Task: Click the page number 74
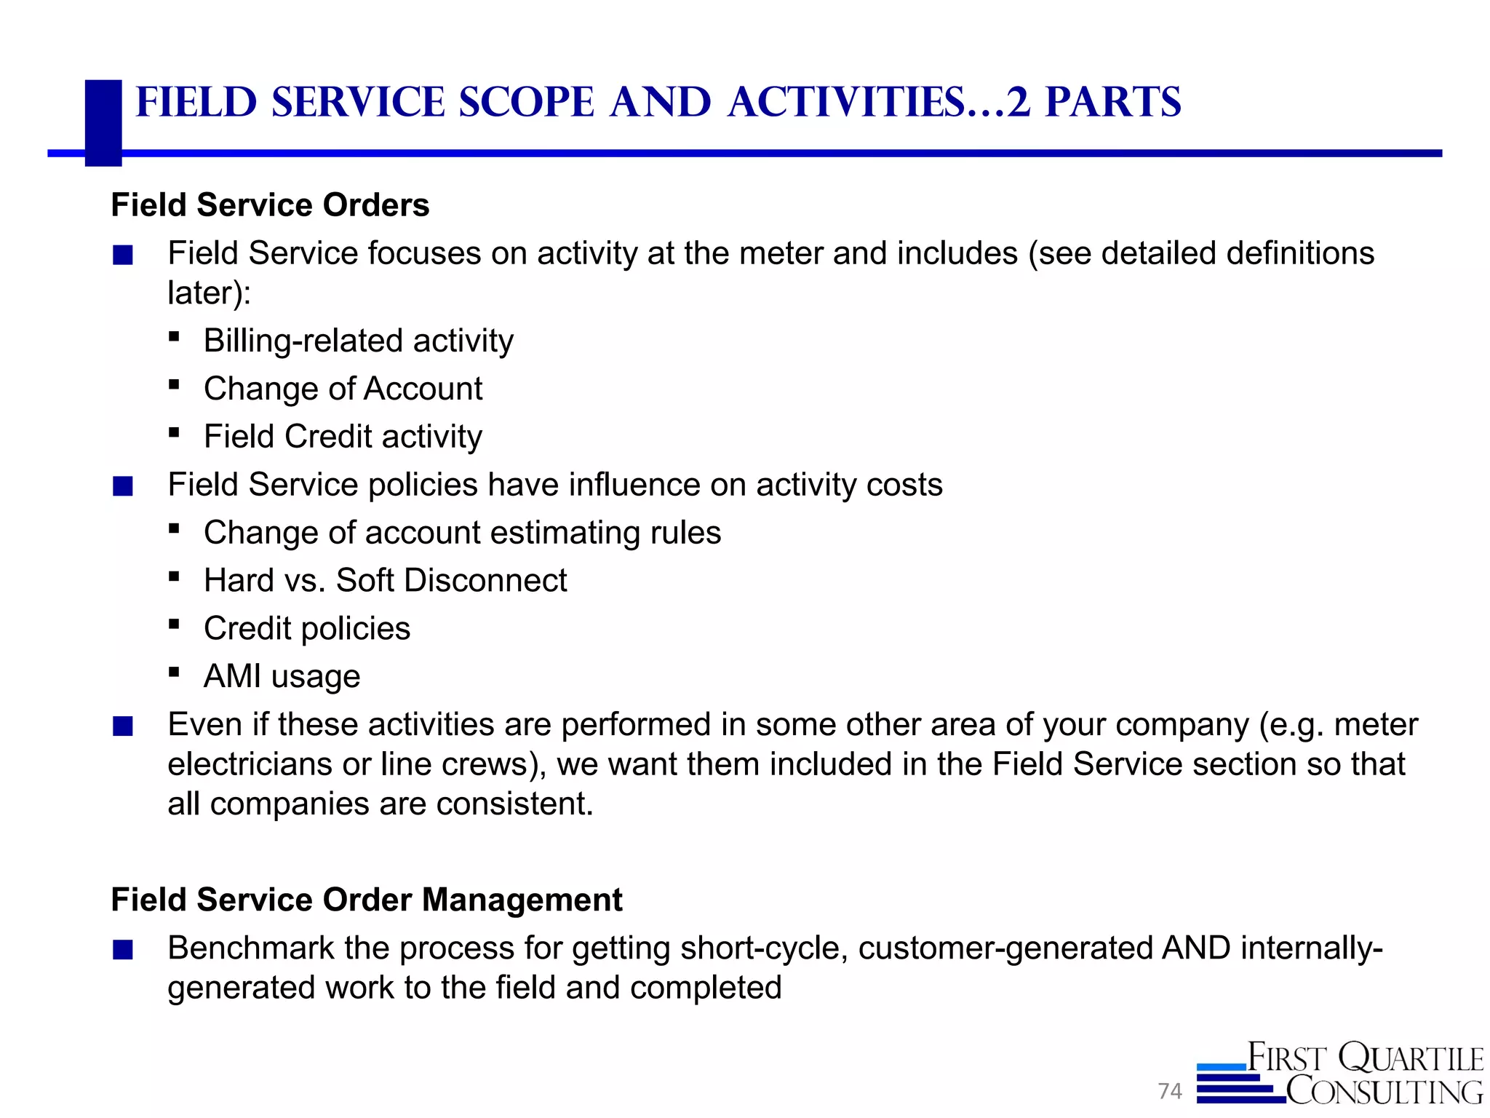(x=1170, y=1091)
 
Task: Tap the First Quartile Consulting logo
(x=1340, y=1074)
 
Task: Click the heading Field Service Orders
(x=270, y=205)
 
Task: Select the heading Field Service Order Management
(x=367, y=900)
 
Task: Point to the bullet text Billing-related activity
(x=358, y=341)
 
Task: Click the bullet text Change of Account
(x=343, y=389)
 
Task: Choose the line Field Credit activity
(x=343, y=437)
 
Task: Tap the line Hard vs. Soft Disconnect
(x=385, y=581)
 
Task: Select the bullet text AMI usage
(x=282, y=677)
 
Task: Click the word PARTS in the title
(x=1113, y=102)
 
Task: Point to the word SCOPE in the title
(x=527, y=102)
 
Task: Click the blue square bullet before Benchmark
(x=123, y=950)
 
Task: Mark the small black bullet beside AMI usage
(x=173, y=673)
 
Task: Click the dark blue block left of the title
(x=103, y=122)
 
